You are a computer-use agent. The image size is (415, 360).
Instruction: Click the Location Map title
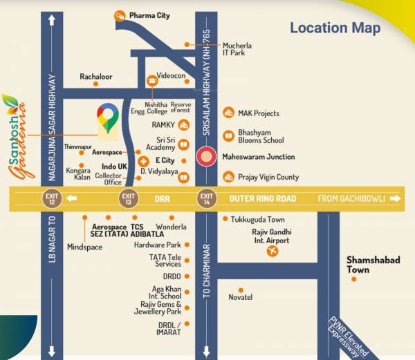335,28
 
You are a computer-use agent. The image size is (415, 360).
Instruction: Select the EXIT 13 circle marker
127,199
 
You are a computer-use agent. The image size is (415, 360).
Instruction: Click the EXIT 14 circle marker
205,199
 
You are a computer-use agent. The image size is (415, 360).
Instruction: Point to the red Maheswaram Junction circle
205,157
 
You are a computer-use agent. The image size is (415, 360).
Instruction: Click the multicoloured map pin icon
107,118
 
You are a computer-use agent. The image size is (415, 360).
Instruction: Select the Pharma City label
149,15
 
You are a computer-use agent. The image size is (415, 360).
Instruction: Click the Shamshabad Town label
367,265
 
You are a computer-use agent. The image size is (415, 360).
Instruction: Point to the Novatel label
240,297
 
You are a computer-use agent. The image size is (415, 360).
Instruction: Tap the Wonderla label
172,227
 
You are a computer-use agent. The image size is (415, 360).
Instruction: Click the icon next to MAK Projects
229,113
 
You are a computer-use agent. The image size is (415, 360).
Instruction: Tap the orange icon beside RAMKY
183,125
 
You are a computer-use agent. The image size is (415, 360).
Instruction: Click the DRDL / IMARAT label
169,328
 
